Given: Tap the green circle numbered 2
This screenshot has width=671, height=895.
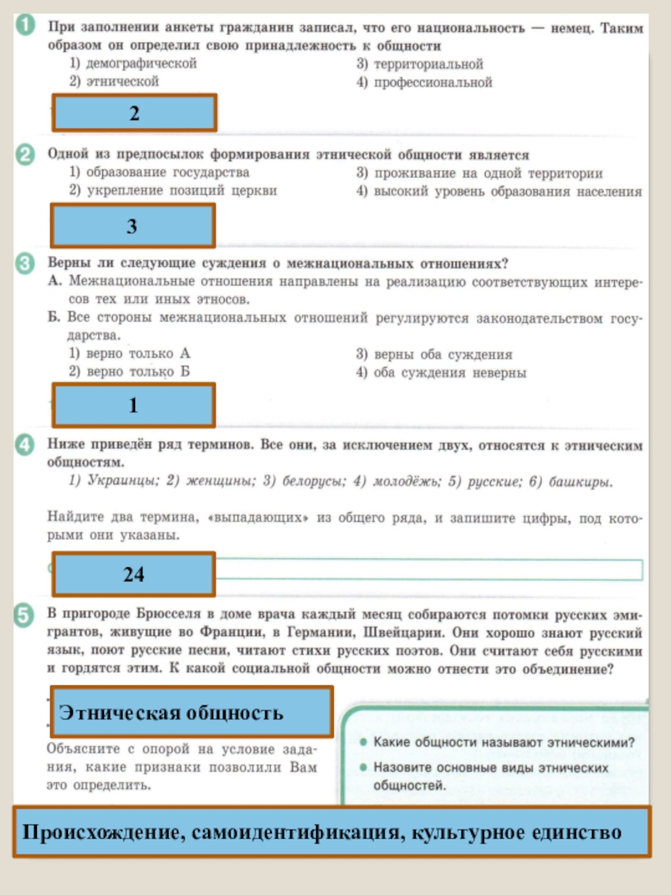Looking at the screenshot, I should [24, 154].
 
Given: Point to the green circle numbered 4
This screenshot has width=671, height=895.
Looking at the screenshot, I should [24, 444].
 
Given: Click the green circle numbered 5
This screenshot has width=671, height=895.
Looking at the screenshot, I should [24, 616].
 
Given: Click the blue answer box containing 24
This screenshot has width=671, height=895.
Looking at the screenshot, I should [134, 574].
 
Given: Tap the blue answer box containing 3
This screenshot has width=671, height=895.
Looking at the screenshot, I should [134, 226].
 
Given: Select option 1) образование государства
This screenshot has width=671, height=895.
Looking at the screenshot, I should [159, 172].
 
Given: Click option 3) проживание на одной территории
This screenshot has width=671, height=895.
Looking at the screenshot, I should [479, 173].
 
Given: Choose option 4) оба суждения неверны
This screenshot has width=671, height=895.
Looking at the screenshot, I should [441, 372].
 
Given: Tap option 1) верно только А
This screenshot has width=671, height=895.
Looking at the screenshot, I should [129, 354].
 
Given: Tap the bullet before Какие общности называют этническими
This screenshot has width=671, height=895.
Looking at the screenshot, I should [362, 742].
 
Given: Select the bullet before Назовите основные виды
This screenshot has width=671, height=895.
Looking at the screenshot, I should [362, 768].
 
